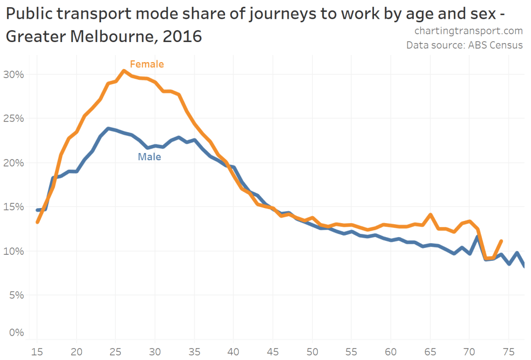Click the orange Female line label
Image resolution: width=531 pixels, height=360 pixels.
point(147,64)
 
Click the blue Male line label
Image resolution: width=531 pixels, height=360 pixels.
point(149,156)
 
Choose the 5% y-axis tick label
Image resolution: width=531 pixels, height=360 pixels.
point(18,295)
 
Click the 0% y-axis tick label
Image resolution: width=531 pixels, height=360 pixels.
point(18,333)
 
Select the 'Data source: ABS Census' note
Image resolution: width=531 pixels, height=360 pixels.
point(464,45)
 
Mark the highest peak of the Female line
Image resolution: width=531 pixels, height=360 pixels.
point(123,71)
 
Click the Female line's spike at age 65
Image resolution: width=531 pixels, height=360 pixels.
point(430,214)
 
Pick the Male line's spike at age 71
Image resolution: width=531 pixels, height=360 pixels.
point(477,237)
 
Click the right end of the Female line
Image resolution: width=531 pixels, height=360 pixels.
point(501,241)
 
